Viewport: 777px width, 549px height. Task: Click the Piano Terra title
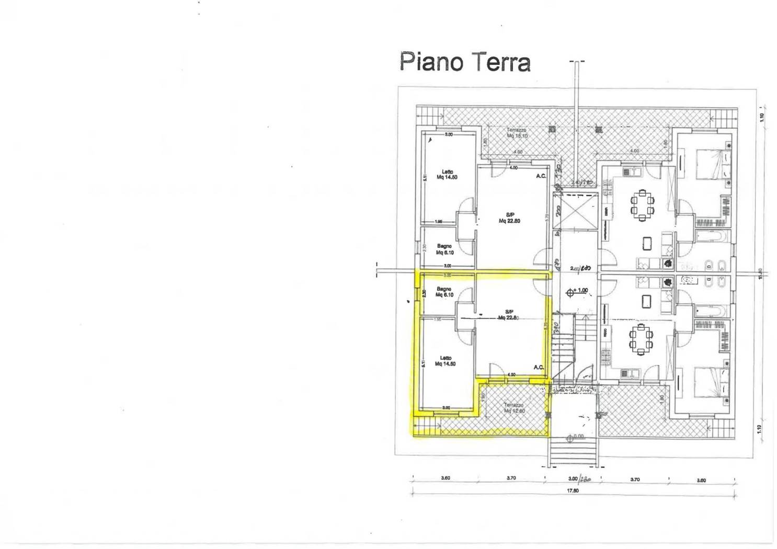[465, 62]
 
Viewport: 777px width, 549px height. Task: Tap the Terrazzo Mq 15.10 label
[516, 133]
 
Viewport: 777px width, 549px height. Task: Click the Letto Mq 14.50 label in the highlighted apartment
[445, 361]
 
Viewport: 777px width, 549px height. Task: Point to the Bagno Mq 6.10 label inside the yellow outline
[444, 292]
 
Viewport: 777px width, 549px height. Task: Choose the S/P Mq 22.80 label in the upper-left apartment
[509, 218]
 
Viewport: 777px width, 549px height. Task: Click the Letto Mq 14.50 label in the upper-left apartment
[447, 174]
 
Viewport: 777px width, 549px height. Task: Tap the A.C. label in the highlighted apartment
[539, 368]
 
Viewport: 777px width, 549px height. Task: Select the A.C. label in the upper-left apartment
[541, 176]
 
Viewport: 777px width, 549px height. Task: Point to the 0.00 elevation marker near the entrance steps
[577, 436]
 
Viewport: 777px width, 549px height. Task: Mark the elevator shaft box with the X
[575, 210]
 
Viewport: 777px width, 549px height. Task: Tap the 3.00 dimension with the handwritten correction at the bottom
[577, 478]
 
